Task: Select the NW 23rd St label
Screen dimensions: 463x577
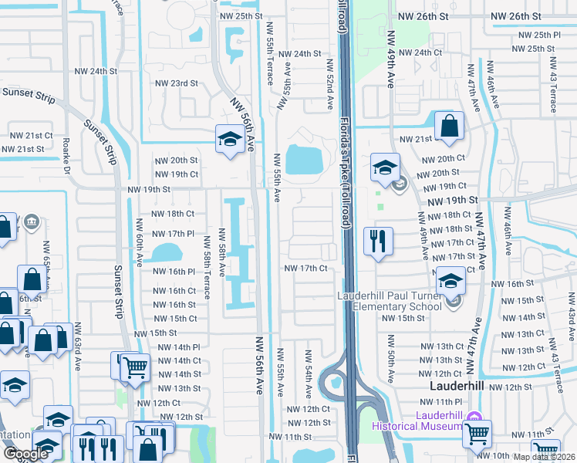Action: pyautogui.click(x=177, y=83)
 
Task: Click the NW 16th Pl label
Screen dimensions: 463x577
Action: pyautogui.click(x=174, y=272)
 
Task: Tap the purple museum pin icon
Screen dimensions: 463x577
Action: pyautogui.click(x=474, y=417)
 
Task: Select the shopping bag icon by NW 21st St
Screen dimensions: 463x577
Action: pyautogui.click(x=449, y=126)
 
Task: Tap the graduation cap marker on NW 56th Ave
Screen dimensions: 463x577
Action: pyautogui.click(x=229, y=139)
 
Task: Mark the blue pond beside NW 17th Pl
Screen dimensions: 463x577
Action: pyautogui.click(x=164, y=252)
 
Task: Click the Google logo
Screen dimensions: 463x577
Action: pyautogui.click(x=25, y=454)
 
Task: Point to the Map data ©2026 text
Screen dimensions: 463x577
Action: pyautogui.click(x=545, y=457)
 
